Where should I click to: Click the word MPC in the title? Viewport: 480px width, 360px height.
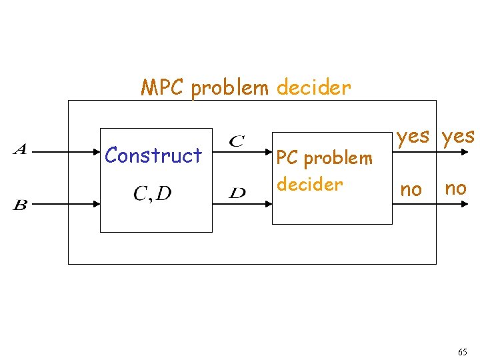[163, 87]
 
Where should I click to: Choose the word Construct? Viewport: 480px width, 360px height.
[153, 155]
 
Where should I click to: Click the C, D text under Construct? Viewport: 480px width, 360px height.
[152, 193]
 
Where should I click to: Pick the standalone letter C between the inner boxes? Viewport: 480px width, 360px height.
[236, 141]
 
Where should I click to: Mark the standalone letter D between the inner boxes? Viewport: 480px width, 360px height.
[237, 193]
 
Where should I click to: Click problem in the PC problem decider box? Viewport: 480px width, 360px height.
[337, 159]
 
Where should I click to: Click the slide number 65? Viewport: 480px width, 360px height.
[463, 352]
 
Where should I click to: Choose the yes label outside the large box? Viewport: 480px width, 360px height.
[457, 137]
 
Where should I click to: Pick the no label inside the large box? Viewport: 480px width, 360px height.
[411, 190]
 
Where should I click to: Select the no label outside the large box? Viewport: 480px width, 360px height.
[455, 188]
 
